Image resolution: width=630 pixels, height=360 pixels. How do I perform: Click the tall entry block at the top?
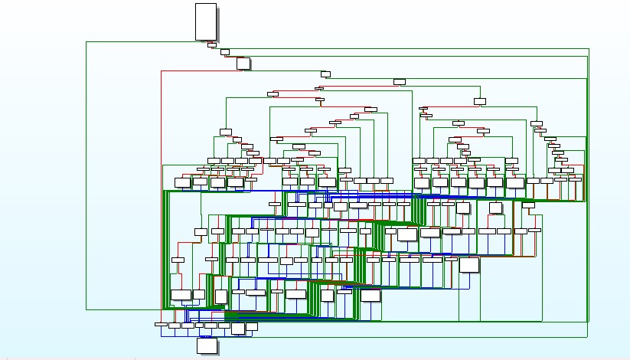coord(206,21)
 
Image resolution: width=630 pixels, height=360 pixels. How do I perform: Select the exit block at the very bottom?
coord(207,345)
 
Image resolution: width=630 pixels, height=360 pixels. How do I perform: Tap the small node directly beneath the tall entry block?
coord(212,44)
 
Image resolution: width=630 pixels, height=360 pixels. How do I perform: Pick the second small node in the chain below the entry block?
coord(225,52)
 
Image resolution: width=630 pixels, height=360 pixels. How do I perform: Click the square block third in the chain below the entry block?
coord(243,63)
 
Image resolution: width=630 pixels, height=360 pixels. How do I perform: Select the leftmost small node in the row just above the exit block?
coord(161,324)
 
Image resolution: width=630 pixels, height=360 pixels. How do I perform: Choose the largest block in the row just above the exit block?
coord(238,328)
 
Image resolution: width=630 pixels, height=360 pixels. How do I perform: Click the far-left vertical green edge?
coord(87,176)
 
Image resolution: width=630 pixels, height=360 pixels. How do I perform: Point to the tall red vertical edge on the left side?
coord(161,191)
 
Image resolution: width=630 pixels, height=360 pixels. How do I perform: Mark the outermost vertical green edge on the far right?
coord(589,184)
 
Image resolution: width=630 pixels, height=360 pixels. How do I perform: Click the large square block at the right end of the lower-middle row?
coord(469,265)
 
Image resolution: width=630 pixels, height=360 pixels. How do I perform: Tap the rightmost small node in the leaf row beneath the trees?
coord(575,179)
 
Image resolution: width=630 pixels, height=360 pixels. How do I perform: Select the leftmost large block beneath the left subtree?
coord(182,182)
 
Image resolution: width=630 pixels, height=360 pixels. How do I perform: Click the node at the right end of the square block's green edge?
coord(325,74)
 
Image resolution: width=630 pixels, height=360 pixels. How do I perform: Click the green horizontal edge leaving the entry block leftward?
coord(145,42)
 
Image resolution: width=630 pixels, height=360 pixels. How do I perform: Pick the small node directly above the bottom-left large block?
coord(178,260)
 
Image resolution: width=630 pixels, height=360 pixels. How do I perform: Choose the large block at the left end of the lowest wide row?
coord(181,295)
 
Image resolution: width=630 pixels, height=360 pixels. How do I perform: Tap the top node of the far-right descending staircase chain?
coord(537,123)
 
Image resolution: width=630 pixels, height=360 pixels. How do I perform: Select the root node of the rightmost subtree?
coord(480,101)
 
